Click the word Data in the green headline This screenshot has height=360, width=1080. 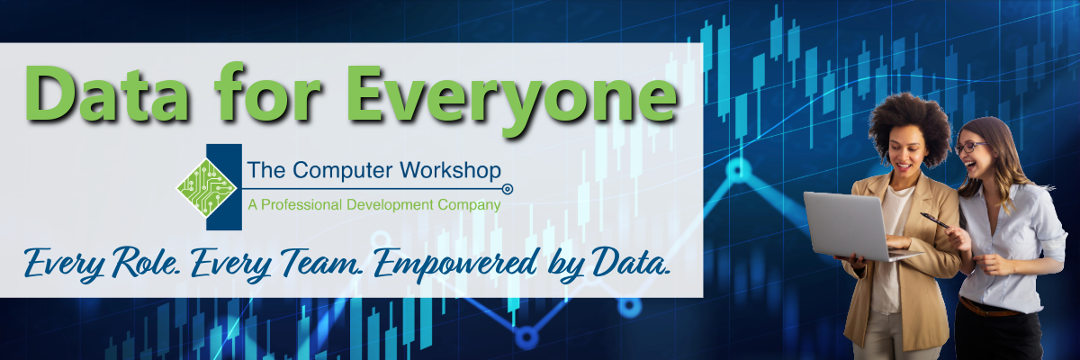[x=107, y=93]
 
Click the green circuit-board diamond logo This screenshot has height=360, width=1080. [x=206, y=187]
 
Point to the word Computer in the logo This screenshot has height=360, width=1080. [x=343, y=171]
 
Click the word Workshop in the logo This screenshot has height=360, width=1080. [x=450, y=170]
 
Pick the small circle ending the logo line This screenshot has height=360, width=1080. [x=508, y=189]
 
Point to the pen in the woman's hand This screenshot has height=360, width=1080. [x=934, y=220]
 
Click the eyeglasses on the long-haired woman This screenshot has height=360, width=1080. [x=969, y=147]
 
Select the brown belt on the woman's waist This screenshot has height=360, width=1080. [x=988, y=309]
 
